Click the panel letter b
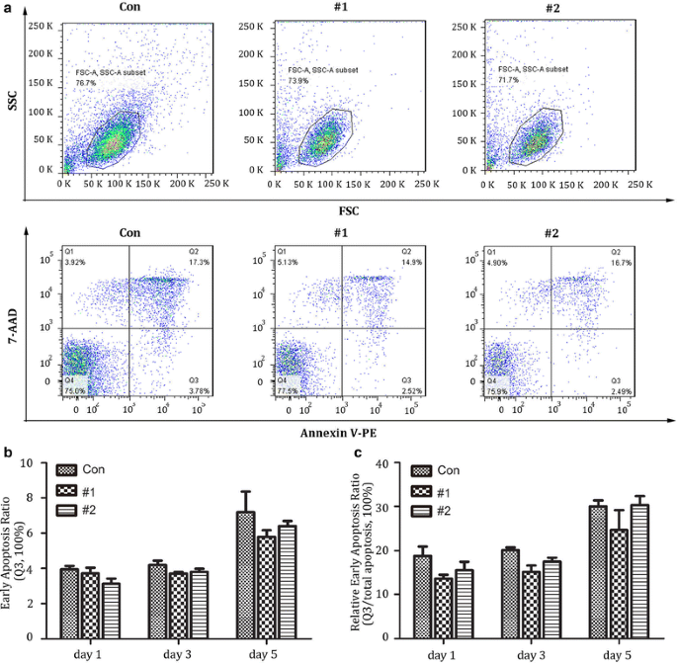click(8, 455)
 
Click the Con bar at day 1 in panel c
click(422, 597)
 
